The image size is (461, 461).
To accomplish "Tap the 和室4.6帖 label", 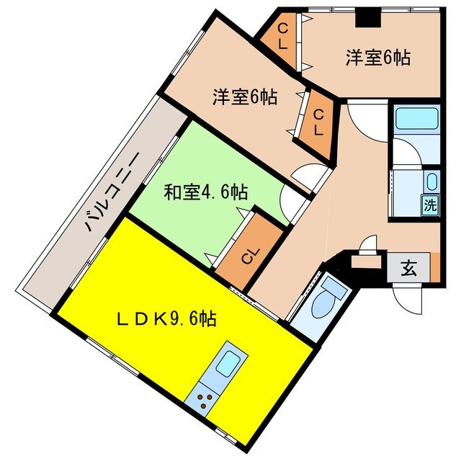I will (x=206, y=192).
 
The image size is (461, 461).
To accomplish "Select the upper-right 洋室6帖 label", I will (x=377, y=58).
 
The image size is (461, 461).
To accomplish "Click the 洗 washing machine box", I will (x=430, y=204).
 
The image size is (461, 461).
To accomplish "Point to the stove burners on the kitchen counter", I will (x=205, y=402).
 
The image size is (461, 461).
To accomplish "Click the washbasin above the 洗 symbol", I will (x=431, y=182).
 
